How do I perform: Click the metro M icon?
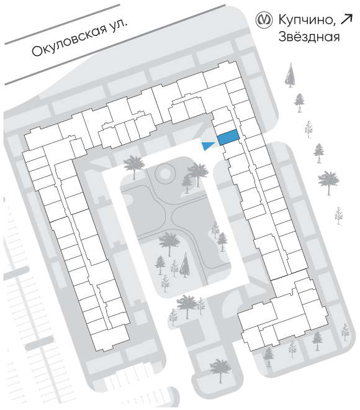click(x=264, y=20)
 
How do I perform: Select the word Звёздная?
click(x=309, y=37)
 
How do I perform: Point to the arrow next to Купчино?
click(x=347, y=20)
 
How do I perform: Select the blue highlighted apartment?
click(x=228, y=137)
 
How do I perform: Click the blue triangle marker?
click(x=207, y=146)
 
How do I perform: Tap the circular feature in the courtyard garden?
click(x=164, y=173)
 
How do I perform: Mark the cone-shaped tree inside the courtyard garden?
click(x=185, y=265)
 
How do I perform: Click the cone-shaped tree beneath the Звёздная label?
click(x=290, y=75)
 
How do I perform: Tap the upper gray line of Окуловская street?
click(x=62, y=24)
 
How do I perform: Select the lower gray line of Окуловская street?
click(x=115, y=45)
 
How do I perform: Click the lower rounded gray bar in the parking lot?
click(x=40, y=344)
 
